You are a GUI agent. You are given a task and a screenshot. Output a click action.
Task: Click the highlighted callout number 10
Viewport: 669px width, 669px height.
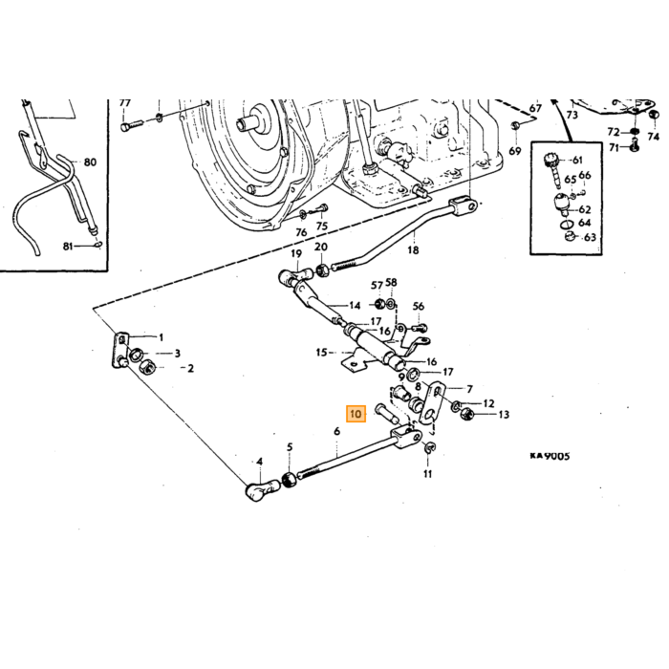[356, 414]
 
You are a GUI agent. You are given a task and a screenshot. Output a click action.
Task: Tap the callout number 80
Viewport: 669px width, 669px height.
[90, 162]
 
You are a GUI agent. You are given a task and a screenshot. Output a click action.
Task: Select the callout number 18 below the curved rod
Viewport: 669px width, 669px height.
[413, 250]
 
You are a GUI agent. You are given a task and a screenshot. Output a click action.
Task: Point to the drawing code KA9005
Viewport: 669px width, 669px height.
[550, 456]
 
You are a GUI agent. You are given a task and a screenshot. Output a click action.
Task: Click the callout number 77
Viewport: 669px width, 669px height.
[124, 103]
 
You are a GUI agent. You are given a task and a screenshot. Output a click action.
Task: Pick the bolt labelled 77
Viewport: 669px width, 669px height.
[131, 126]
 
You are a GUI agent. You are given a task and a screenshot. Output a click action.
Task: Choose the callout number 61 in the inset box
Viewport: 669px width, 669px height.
[577, 160]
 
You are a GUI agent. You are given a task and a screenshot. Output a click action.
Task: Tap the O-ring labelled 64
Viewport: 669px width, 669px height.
[566, 224]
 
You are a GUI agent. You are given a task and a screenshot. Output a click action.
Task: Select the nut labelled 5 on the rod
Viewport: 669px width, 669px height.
[291, 480]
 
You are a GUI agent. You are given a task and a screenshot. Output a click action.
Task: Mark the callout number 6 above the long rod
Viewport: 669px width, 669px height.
[337, 431]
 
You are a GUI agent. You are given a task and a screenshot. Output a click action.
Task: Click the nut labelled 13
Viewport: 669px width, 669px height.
[466, 413]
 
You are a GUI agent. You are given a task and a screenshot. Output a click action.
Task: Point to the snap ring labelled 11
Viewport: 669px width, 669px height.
[430, 447]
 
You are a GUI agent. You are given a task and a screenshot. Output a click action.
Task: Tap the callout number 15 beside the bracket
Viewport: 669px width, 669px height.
[322, 353]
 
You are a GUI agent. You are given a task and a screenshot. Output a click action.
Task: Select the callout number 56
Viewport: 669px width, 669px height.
[419, 307]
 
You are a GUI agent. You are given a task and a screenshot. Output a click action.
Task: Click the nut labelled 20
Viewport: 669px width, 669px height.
[323, 270]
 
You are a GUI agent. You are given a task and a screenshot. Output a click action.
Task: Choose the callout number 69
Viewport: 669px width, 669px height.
[515, 151]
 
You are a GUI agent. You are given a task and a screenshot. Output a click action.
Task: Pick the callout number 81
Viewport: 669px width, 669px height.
[68, 247]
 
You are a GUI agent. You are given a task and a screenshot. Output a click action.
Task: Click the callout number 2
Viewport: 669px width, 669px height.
[190, 368]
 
